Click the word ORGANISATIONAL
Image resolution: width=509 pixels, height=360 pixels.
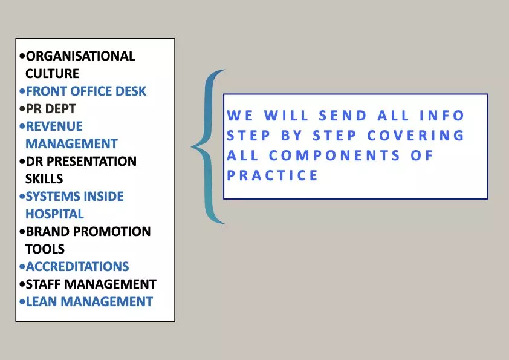point(80,56)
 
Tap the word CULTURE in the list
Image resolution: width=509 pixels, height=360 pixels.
point(52,74)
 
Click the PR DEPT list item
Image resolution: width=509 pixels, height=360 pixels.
point(48,109)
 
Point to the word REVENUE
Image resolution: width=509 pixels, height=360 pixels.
point(54,126)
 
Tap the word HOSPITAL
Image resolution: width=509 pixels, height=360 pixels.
point(54,214)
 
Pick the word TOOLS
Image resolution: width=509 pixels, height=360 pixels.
point(45,249)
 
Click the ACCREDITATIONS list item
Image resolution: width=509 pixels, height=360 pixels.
point(74,267)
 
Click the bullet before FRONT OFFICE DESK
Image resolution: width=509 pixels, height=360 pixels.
point(22,91)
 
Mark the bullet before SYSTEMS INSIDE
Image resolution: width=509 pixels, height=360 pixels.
point(22,197)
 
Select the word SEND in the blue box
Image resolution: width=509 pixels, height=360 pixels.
point(343,116)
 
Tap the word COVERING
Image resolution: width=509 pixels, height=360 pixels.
point(415,136)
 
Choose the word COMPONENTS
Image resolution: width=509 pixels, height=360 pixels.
point(334,155)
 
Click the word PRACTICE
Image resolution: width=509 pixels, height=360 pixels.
point(272,175)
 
